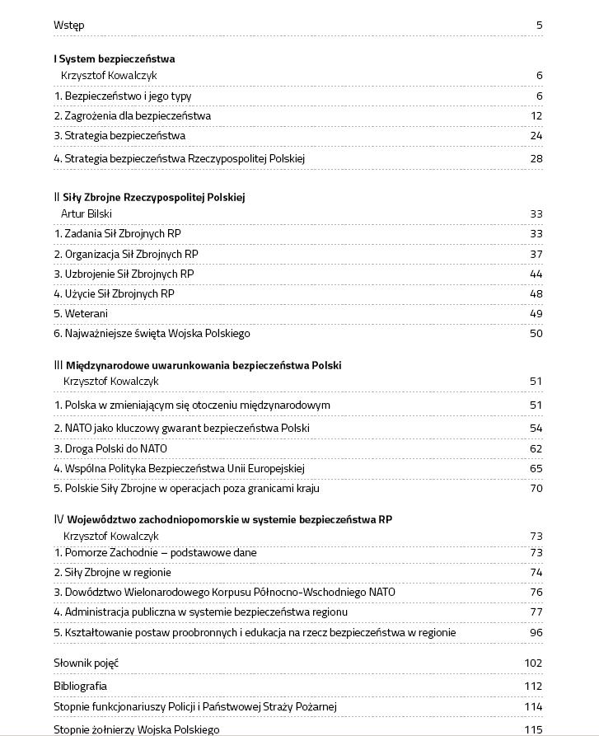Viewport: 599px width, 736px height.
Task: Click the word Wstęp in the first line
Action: [x=68, y=25]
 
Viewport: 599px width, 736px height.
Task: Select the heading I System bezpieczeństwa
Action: [x=115, y=59]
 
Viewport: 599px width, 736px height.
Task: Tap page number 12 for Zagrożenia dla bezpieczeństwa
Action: [x=536, y=116]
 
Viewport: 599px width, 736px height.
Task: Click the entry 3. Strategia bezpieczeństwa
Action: [x=119, y=136]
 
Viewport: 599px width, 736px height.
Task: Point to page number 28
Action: [x=536, y=158]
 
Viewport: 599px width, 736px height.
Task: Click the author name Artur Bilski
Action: [x=87, y=214]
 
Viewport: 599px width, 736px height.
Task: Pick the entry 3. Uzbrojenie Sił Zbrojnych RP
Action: [x=124, y=274]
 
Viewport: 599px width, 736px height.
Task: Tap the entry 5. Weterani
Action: [x=81, y=314]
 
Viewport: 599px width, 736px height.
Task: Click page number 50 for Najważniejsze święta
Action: [x=536, y=334]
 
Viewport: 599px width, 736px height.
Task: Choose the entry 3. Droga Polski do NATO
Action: [x=110, y=449]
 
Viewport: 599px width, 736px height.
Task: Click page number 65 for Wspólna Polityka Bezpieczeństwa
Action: [x=536, y=469]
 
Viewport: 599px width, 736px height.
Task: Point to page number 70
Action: [x=536, y=489]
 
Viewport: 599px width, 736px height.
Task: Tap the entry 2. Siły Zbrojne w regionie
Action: [x=112, y=573]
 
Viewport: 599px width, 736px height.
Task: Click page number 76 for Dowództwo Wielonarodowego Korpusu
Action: [x=536, y=593]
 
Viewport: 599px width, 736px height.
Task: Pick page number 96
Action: [x=536, y=633]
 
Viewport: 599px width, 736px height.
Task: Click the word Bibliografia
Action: [x=80, y=686]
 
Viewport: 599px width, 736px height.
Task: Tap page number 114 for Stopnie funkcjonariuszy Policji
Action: [x=533, y=706]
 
